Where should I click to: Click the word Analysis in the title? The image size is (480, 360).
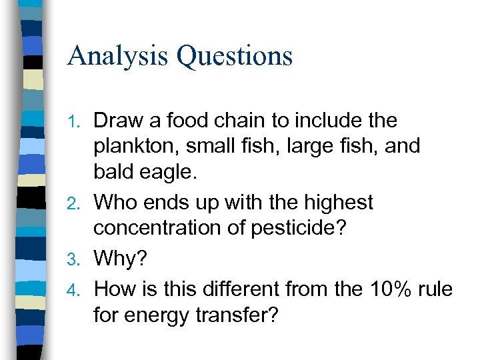[x=117, y=55]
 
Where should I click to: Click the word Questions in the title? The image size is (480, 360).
[x=235, y=55]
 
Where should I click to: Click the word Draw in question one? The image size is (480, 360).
[x=117, y=121]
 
